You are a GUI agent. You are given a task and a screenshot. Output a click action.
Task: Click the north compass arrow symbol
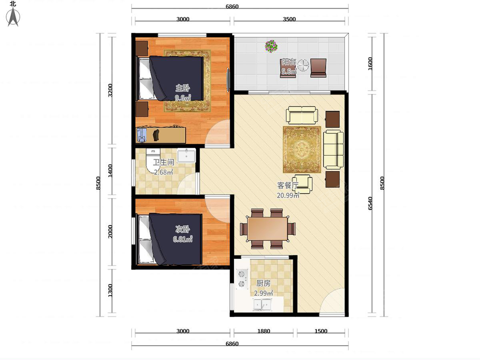13,17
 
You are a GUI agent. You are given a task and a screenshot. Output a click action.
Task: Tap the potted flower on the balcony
271,46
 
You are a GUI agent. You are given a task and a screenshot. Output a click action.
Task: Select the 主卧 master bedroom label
182,88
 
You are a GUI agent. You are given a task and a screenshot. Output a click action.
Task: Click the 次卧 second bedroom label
182,229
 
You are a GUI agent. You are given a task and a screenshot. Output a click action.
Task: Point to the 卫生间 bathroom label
163,162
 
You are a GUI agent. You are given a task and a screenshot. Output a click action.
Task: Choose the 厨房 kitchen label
263,284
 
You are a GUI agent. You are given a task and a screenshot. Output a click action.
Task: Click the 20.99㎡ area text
288,195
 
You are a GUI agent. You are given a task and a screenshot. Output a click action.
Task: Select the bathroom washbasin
186,156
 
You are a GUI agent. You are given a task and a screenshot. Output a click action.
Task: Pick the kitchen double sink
262,304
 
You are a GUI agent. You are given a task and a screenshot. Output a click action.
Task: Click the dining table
268,229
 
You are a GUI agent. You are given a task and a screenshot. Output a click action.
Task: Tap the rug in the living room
302,150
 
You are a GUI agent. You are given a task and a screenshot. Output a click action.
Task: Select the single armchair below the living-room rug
302,184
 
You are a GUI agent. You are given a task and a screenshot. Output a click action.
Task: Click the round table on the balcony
303,65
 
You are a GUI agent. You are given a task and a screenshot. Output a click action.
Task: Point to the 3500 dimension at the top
289,19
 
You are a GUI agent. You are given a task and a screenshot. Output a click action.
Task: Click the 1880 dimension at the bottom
264,331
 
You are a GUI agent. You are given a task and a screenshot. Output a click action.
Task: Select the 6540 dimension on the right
370,203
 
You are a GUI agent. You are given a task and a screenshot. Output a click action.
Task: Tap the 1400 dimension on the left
110,171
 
